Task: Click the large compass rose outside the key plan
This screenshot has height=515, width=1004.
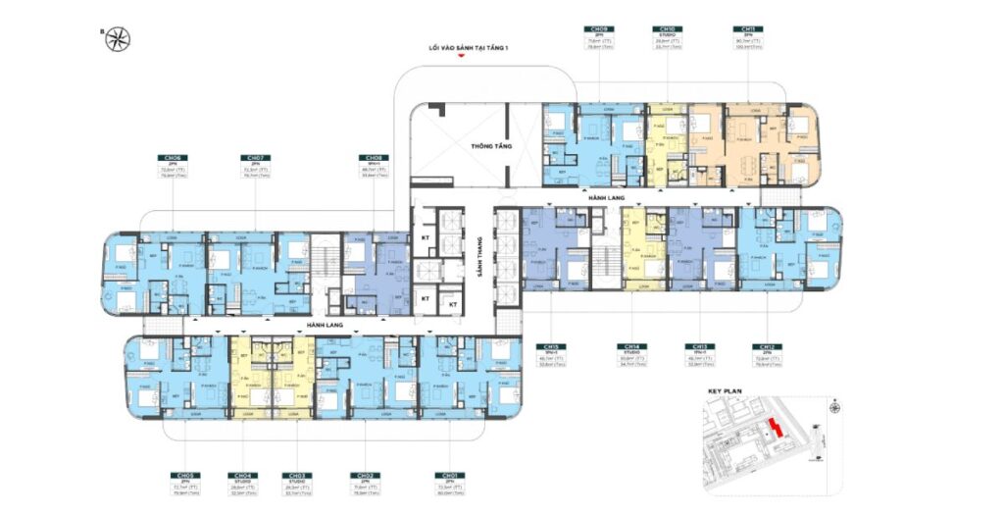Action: pyautogui.click(x=119, y=38)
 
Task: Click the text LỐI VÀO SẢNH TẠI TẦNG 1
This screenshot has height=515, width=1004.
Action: pyautogui.click(x=459, y=46)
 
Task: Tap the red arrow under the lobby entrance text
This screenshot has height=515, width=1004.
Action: pyautogui.click(x=459, y=57)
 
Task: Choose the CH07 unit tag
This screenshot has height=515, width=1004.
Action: pyautogui.click(x=255, y=157)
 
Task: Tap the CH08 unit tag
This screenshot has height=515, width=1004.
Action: pyautogui.click(x=374, y=157)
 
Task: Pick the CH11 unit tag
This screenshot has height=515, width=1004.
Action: pyautogui.click(x=749, y=29)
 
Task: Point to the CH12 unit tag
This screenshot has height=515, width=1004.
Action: pyautogui.click(x=768, y=346)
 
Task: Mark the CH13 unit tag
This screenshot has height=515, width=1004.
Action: pyautogui.click(x=700, y=346)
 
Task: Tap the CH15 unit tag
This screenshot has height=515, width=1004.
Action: pyautogui.click(x=551, y=346)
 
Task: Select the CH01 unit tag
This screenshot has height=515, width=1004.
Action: pyautogui.click(x=452, y=475)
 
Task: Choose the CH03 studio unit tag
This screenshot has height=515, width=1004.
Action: pyautogui.click(x=297, y=475)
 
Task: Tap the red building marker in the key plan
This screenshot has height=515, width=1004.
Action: pyautogui.click(x=776, y=429)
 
